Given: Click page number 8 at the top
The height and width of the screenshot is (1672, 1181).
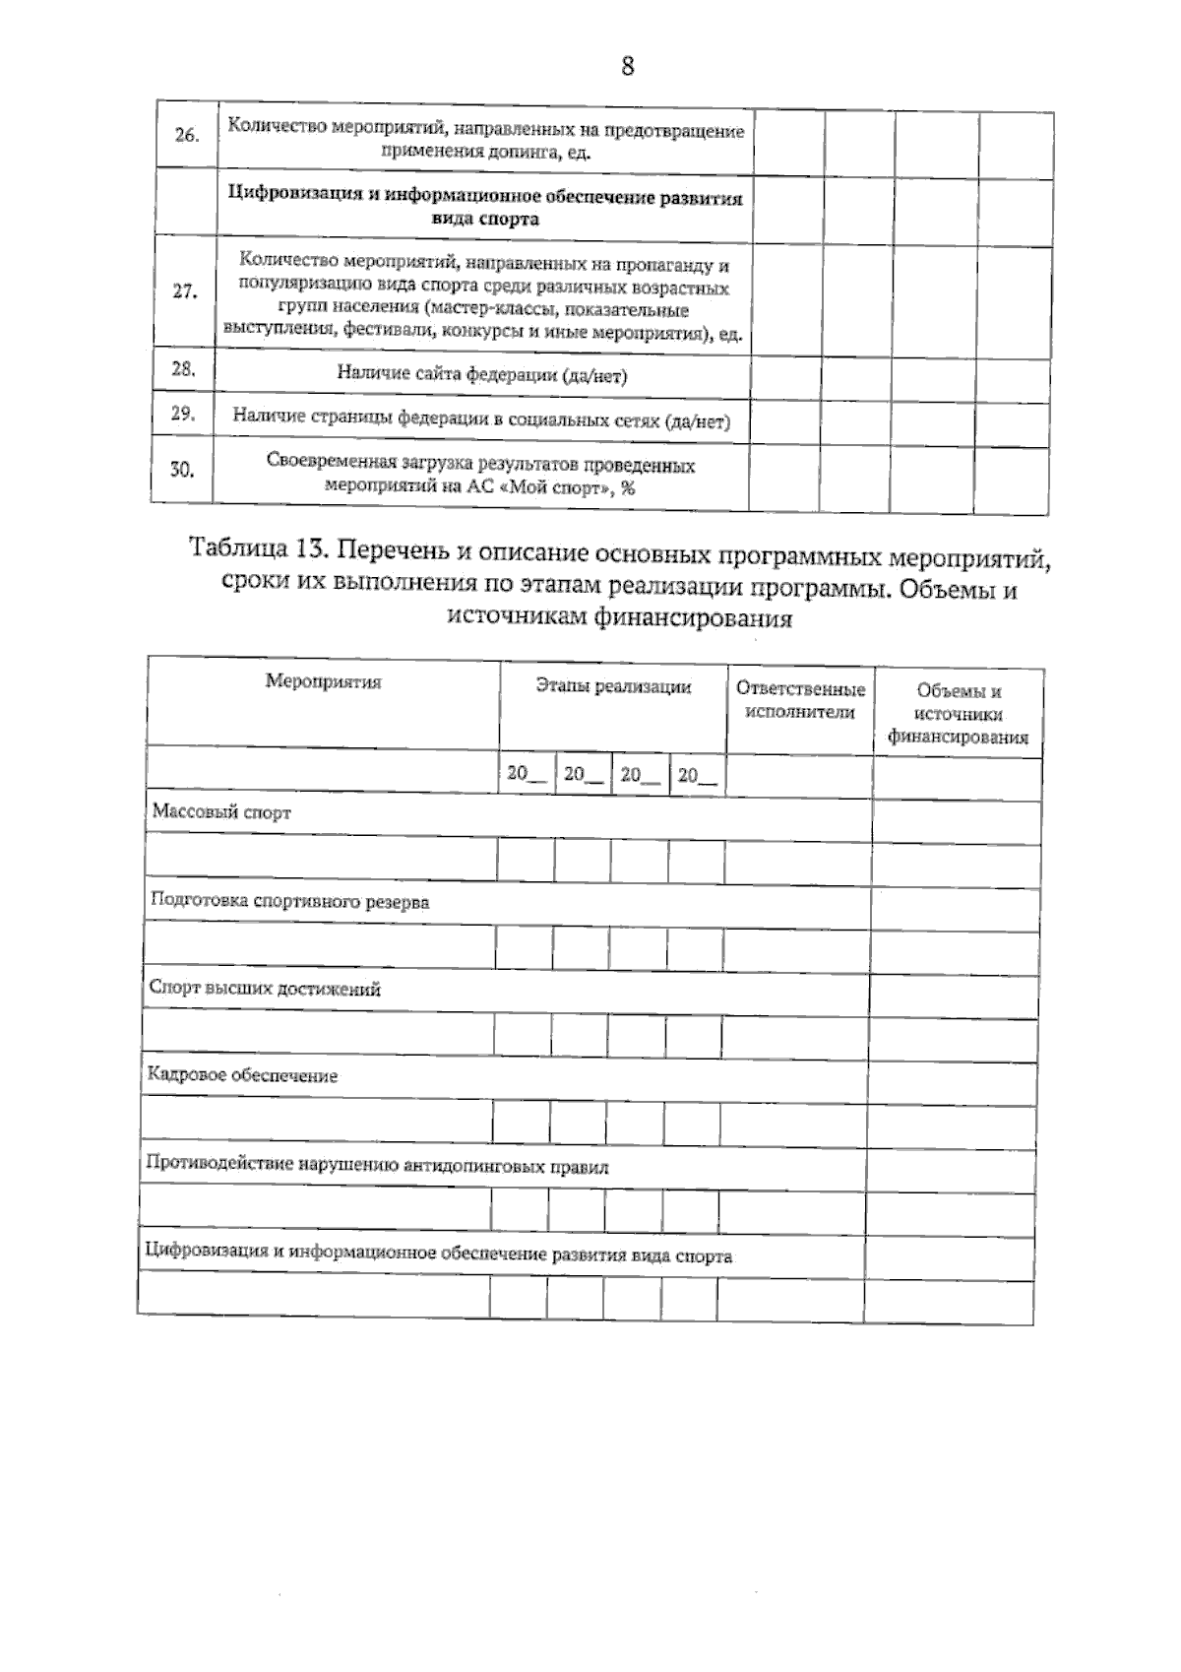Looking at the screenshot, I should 628,66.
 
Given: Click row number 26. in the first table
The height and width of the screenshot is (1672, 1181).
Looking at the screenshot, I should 186,136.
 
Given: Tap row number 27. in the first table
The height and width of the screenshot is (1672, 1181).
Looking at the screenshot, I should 184,292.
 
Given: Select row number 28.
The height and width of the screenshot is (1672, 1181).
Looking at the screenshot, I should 183,369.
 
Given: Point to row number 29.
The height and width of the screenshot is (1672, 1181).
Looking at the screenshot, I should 182,414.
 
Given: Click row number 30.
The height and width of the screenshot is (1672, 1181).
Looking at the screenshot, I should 182,470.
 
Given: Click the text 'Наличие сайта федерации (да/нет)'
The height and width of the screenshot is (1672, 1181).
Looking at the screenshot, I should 481,375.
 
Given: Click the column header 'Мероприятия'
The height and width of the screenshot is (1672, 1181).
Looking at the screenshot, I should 323,681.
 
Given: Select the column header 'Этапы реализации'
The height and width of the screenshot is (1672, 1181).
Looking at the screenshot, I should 612,686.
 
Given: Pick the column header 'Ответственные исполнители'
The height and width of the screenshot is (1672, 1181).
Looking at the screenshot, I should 800,700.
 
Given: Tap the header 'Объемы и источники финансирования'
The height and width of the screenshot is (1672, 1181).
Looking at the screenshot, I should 958,714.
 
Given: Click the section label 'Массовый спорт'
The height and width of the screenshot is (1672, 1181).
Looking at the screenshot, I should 221,813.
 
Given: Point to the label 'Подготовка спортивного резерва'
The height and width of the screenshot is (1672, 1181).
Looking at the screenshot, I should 289,901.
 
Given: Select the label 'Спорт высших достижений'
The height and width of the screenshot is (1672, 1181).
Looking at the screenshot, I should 264,990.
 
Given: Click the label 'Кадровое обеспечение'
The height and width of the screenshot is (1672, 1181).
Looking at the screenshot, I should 241,1075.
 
